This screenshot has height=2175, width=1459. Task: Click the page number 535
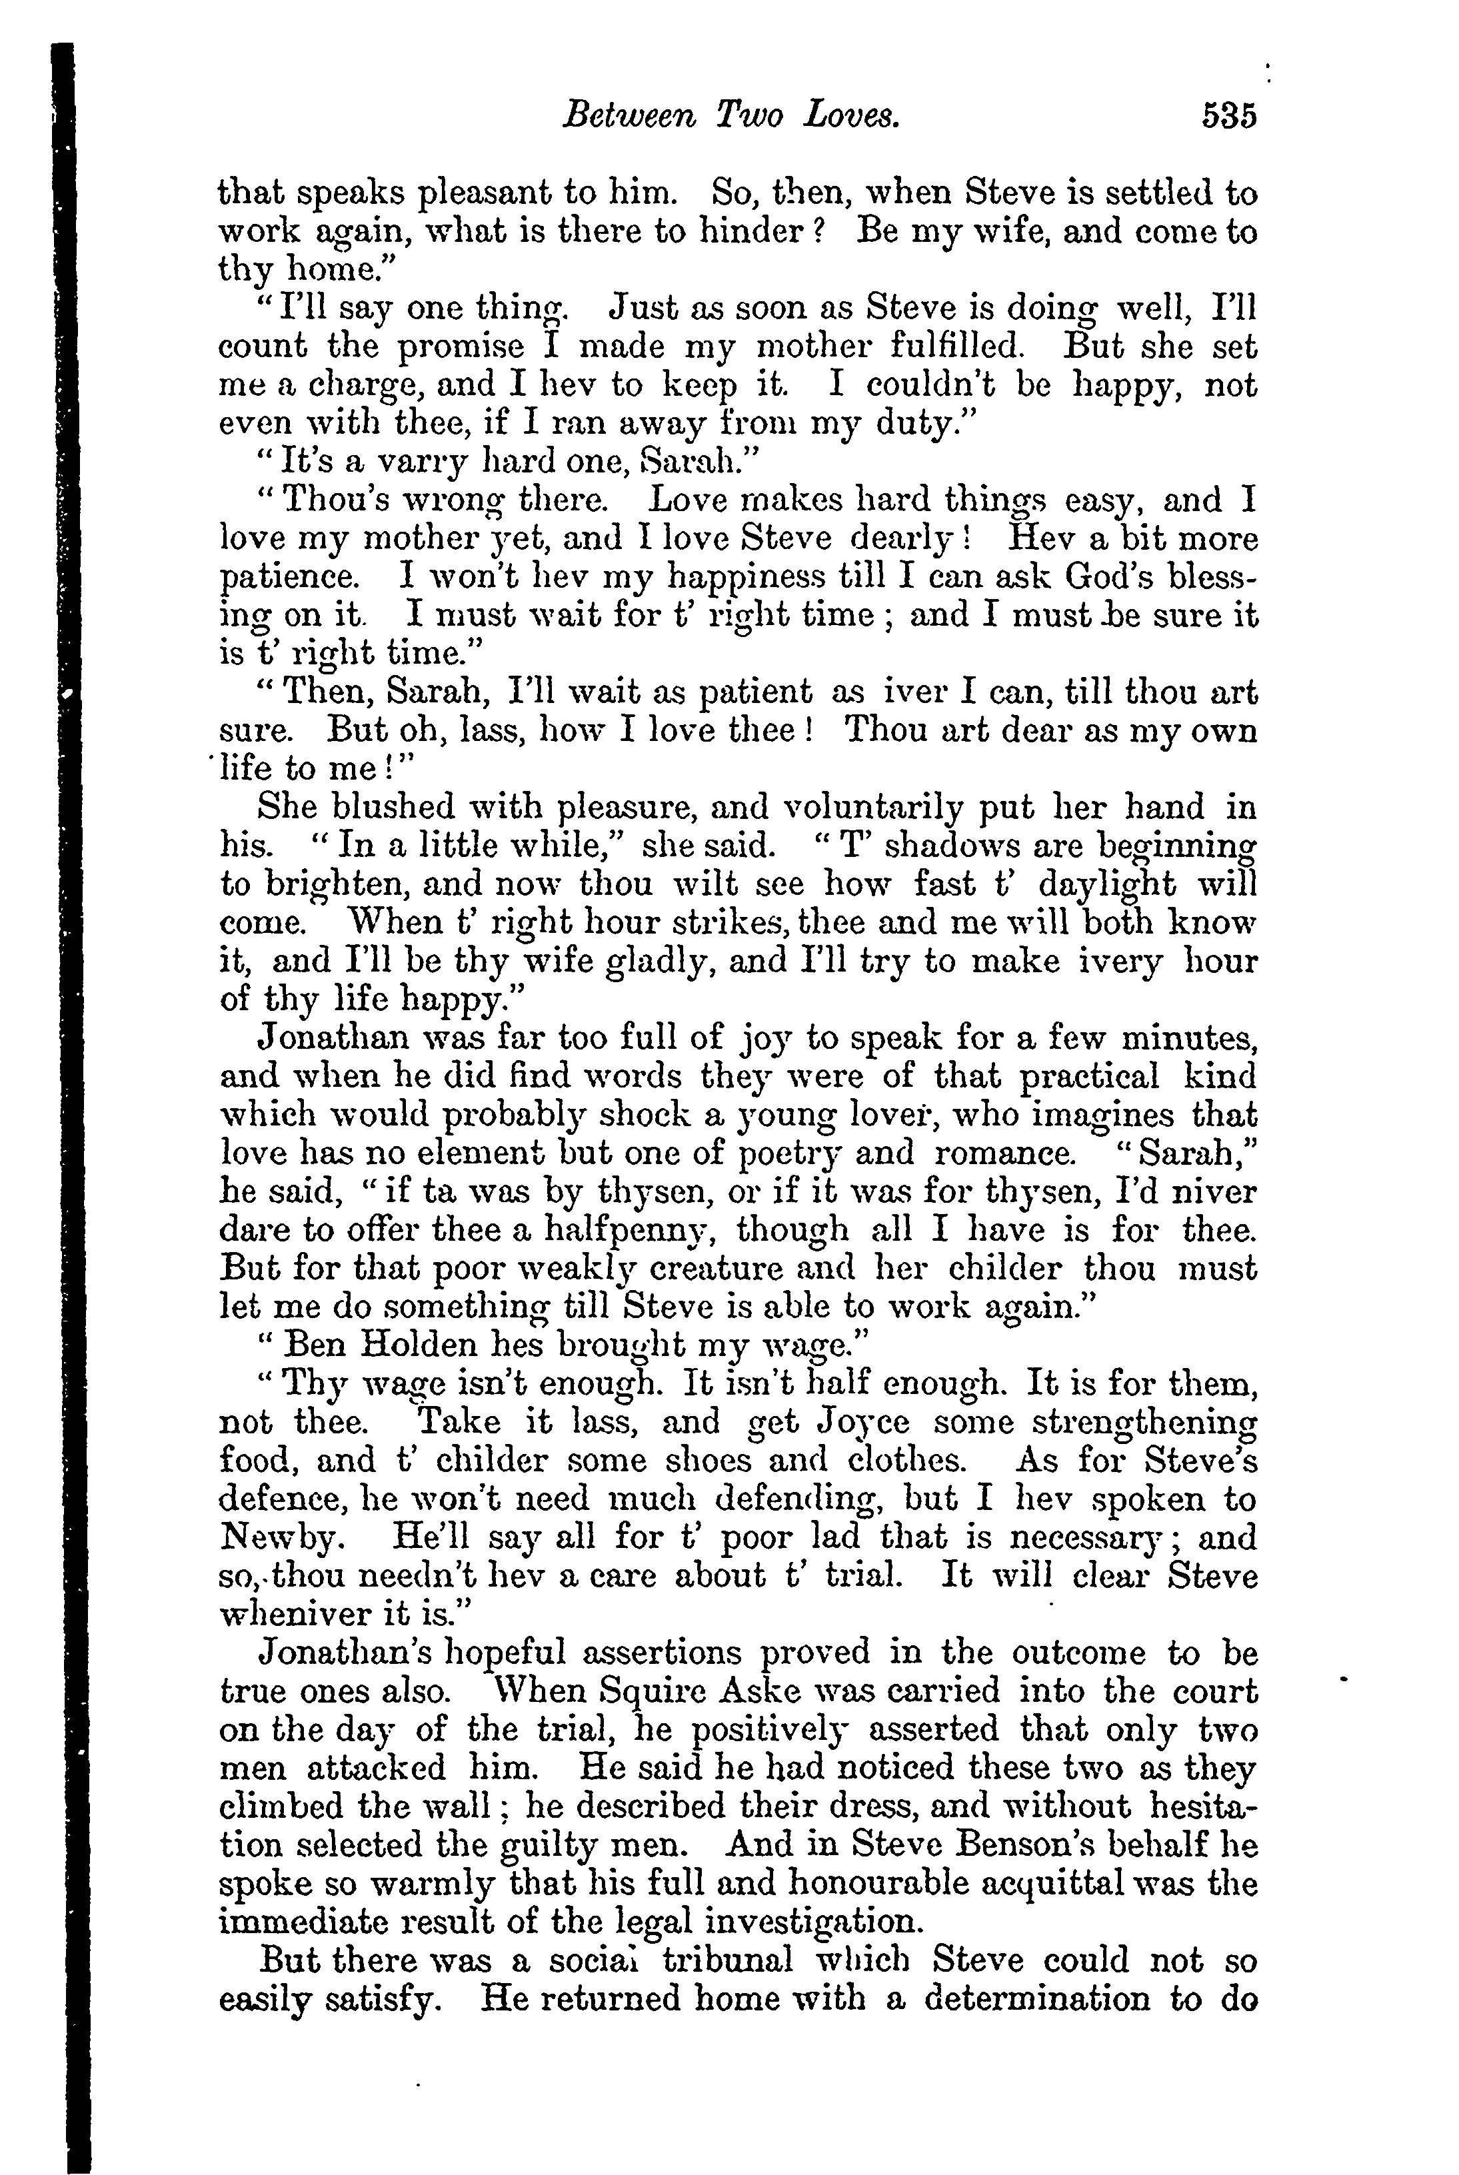coord(1228,117)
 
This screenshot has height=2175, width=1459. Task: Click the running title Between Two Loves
coord(732,117)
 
